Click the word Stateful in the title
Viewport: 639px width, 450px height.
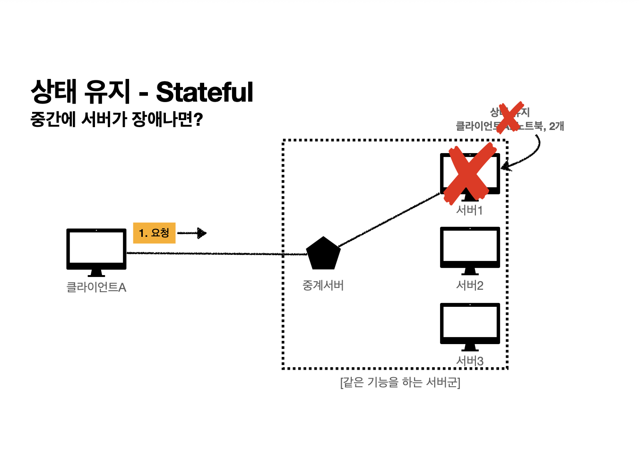(205, 92)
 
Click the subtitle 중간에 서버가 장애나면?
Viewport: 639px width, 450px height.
(116, 119)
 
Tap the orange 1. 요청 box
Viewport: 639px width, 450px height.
(154, 233)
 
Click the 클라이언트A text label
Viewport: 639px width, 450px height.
(96, 287)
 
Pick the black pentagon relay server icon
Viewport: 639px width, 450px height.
(323, 253)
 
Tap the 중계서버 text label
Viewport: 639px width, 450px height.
(323, 286)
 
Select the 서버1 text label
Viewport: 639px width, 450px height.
(469, 210)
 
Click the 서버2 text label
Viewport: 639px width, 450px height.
(470, 286)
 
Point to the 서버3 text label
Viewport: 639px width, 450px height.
(470, 361)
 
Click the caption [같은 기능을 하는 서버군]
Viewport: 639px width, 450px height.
(400, 382)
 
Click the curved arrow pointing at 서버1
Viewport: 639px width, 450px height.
(532, 156)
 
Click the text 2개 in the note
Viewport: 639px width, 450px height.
(556, 126)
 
